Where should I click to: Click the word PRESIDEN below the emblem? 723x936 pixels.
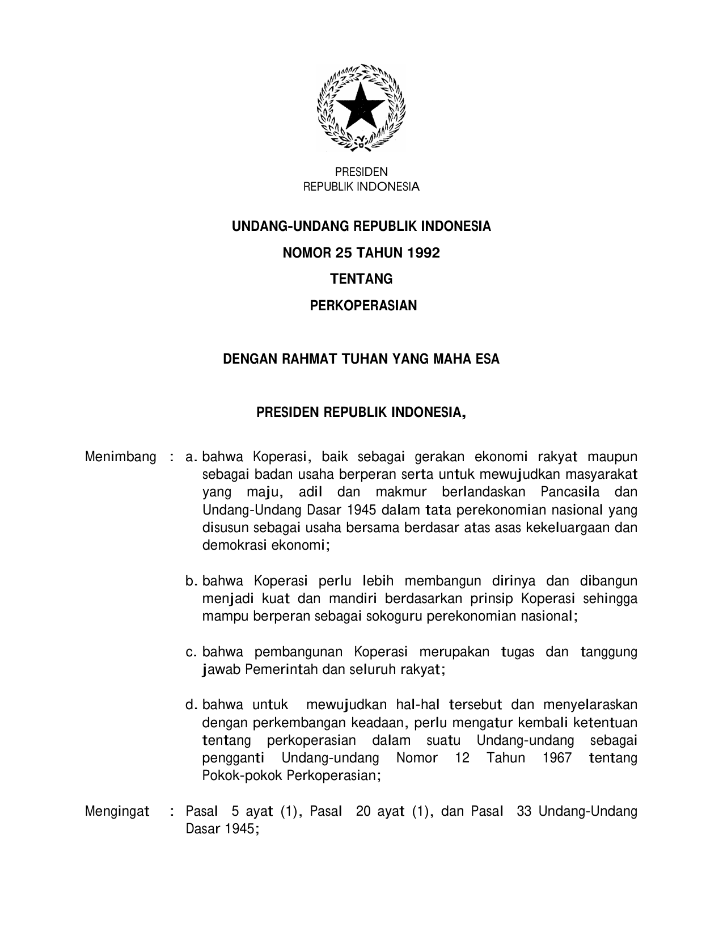click(x=361, y=172)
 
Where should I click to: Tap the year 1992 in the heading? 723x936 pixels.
click(x=424, y=253)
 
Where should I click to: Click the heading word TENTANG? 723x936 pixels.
click(x=361, y=279)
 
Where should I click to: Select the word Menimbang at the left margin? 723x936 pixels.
click(x=120, y=457)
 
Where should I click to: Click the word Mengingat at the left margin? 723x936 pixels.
click(x=117, y=812)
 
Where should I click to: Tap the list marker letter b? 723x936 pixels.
click(x=190, y=581)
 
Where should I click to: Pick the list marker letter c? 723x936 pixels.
click(x=190, y=652)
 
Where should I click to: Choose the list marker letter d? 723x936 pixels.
click(x=190, y=705)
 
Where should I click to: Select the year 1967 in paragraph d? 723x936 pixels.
click(x=556, y=758)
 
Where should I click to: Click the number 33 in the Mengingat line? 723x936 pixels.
click(x=524, y=812)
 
